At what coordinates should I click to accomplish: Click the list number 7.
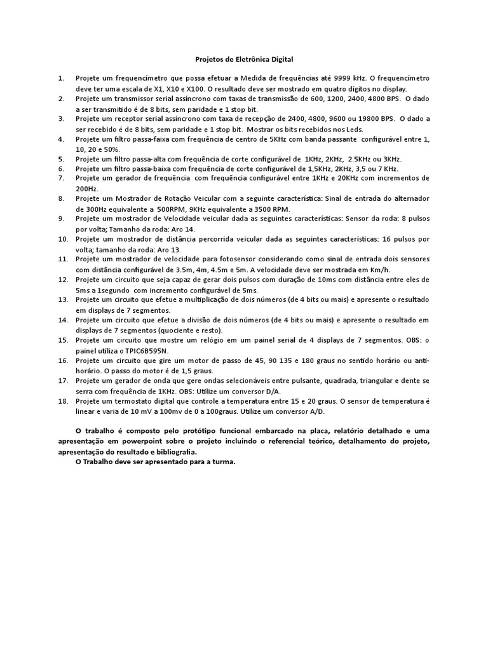pos(61,179)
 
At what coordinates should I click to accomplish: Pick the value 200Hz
pos(86,188)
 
